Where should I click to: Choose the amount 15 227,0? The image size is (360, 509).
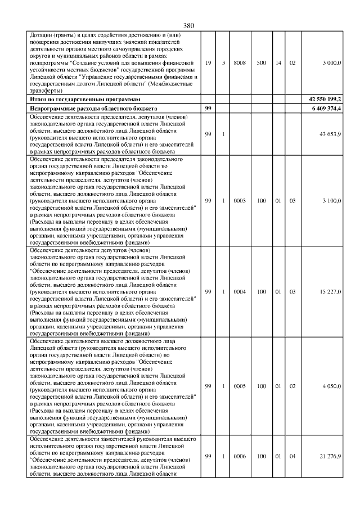pos(330,292)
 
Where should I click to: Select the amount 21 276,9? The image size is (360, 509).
pos(330,456)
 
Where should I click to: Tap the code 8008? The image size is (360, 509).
pos(240,62)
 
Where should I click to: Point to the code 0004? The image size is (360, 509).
pos(240,292)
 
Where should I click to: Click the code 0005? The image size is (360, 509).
pos(240,386)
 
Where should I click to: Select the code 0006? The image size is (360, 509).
pos(240,456)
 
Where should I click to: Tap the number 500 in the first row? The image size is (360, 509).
pos(262,62)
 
